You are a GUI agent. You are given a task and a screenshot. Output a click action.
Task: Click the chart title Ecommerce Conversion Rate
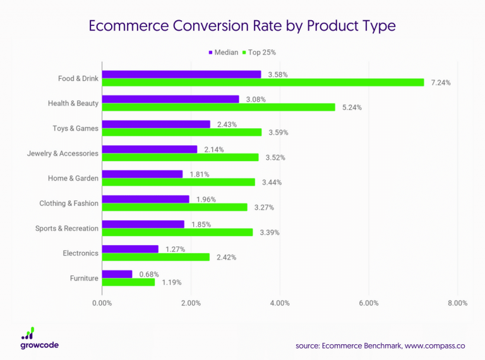[x=242, y=27]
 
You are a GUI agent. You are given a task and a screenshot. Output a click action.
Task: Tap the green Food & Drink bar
[x=263, y=83]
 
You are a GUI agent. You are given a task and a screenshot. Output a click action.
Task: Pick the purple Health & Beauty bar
[x=171, y=99]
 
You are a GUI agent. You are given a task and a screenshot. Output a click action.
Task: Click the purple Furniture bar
[x=117, y=274]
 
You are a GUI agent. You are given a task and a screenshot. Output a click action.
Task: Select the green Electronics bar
[x=155, y=257]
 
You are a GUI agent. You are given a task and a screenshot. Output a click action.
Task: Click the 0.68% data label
[x=148, y=274]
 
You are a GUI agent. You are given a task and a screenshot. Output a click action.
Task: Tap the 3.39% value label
[x=268, y=232]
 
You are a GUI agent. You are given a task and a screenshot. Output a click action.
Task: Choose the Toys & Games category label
[x=75, y=128]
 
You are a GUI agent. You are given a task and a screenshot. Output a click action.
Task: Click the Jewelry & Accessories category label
[x=63, y=153]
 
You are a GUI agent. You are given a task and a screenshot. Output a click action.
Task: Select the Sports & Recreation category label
[x=66, y=228]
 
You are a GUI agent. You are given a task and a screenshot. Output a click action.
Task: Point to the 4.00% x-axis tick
[x=279, y=303]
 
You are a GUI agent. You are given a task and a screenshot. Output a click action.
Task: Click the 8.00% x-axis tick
[x=457, y=303]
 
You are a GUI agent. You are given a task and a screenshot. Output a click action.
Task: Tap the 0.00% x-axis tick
[x=102, y=303]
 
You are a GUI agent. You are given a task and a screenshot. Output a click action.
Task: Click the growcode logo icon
[x=28, y=333]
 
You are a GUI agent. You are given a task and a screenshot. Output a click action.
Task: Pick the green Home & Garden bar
[x=178, y=182]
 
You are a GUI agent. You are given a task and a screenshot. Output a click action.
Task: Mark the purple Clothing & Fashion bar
[x=145, y=199]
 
